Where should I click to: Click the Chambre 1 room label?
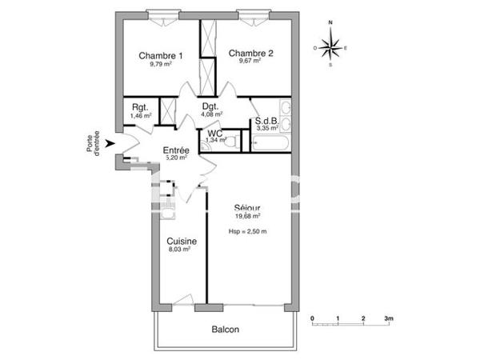point(161,55)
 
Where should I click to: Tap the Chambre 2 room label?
point(251,54)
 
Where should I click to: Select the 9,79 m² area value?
point(161,64)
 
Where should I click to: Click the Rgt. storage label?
point(140,108)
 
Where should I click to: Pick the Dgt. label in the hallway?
point(210,106)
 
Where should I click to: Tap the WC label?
point(215,133)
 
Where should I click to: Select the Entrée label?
point(176,150)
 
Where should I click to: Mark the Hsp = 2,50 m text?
point(247,232)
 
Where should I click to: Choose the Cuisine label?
point(182,241)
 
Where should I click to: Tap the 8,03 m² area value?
point(179,250)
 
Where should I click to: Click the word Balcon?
point(225,330)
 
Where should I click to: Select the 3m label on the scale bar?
point(389,318)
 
